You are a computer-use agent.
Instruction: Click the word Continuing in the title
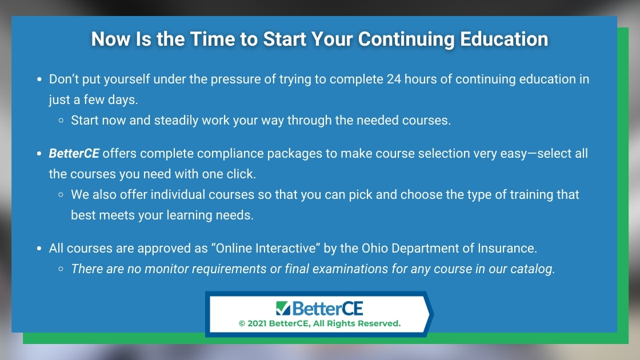pyautogui.click(x=406, y=39)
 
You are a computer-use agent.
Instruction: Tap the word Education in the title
pyautogui.click(x=504, y=39)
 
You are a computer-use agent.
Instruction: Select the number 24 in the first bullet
pyautogui.click(x=394, y=79)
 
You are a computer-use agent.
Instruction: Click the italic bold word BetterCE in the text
pyautogui.click(x=74, y=153)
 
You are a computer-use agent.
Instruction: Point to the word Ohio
pyautogui.click(x=375, y=248)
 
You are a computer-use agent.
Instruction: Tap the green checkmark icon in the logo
pyautogui.click(x=283, y=309)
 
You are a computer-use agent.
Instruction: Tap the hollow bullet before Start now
pyautogui.click(x=61, y=121)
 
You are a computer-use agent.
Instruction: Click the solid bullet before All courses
pyautogui.click(x=39, y=248)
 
